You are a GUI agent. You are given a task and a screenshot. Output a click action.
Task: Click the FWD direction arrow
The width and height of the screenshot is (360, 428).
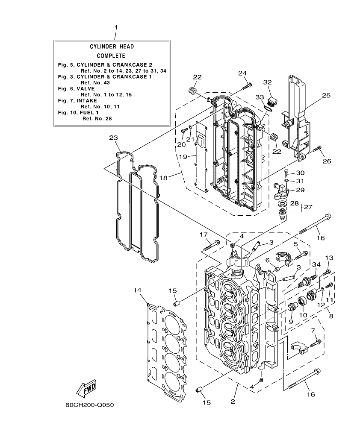pyautogui.click(x=86, y=389)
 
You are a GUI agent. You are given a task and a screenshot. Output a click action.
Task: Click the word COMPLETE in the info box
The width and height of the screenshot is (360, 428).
pyautogui.click(x=111, y=56)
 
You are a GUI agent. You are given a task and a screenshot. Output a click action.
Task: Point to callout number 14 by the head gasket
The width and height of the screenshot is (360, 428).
pyautogui.click(x=137, y=290)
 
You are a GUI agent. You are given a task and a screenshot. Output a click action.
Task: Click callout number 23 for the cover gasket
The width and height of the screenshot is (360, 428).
pyautogui.click(x=113, y=138)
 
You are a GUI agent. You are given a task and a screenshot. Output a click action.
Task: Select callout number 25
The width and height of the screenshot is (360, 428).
pyautogui.click(x=326, y=96)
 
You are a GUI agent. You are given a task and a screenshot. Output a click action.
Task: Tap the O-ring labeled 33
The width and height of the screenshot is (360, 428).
pyautogui.click(x=267, y=109)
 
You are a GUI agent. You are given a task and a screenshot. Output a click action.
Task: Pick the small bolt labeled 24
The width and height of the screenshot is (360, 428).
pyautogui.click(x=246, y=87)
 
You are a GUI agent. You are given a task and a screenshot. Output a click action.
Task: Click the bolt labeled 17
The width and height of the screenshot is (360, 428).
pyautogui.click(x=212, y=246)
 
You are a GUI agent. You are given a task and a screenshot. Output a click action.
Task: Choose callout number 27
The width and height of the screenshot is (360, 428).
pyautogui.click(x=307, y=207)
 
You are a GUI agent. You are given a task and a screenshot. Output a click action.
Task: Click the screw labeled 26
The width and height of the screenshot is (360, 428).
pyautogui.click(x=317, y=150)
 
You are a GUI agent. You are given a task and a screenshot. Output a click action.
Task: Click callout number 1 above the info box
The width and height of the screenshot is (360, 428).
pyautogui.click(x=115, y=27)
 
